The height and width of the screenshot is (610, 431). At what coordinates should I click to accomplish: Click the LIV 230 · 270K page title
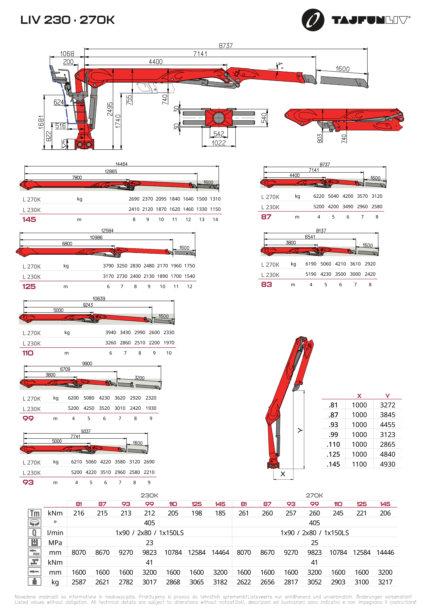(x=68, y=20)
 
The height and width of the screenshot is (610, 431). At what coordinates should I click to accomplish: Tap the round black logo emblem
(x=313, y=20)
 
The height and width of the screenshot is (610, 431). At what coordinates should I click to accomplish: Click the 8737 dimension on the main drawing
(x=226, y=46)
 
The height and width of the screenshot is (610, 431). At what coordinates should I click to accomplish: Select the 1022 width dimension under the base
(x=219, y=143)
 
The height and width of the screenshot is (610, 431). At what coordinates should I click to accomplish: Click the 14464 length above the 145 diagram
(x=122, y=164)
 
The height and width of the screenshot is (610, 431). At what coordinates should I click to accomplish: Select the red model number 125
(x=29, y=286)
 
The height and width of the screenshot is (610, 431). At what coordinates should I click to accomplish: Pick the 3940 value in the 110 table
(x=111, y=332)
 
